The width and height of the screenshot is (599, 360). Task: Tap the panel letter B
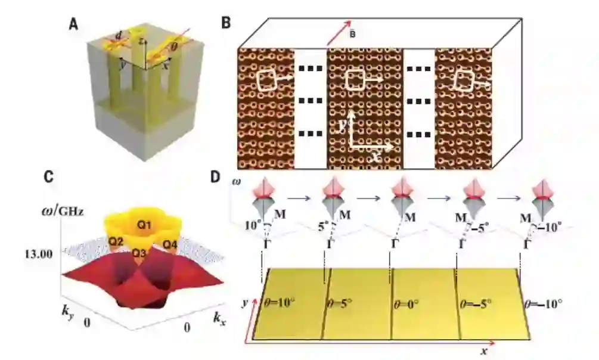click(226, 23)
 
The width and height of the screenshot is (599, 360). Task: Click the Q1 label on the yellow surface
click(138, 226)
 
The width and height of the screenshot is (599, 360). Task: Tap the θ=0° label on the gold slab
click(409, 303)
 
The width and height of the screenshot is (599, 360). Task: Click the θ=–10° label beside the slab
click(543, 303)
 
